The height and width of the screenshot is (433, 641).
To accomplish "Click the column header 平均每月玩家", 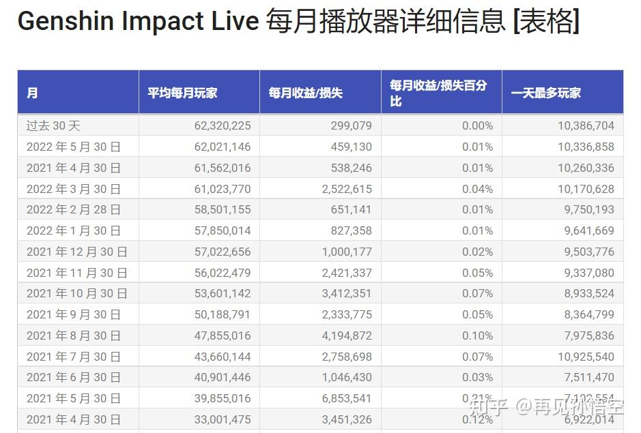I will pos(182,93).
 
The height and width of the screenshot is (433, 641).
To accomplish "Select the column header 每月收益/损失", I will pos(305,93).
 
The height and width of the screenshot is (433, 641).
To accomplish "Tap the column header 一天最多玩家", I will pos(545,93).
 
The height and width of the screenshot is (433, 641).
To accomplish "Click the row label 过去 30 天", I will pos(53,125).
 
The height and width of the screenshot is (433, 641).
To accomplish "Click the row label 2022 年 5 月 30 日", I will pos(74,147).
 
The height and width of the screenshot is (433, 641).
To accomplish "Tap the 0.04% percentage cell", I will pos(477,189).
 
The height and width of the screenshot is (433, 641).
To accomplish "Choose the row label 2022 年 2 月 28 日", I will pos(74,209).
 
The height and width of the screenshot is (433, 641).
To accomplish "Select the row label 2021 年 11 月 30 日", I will pos(77,273).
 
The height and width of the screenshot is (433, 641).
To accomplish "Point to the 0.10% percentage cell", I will pos(477,335).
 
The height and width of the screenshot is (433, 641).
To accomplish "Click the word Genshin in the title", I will pos(66,22).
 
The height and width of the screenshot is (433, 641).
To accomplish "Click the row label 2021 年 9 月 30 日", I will pos(74,314).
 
